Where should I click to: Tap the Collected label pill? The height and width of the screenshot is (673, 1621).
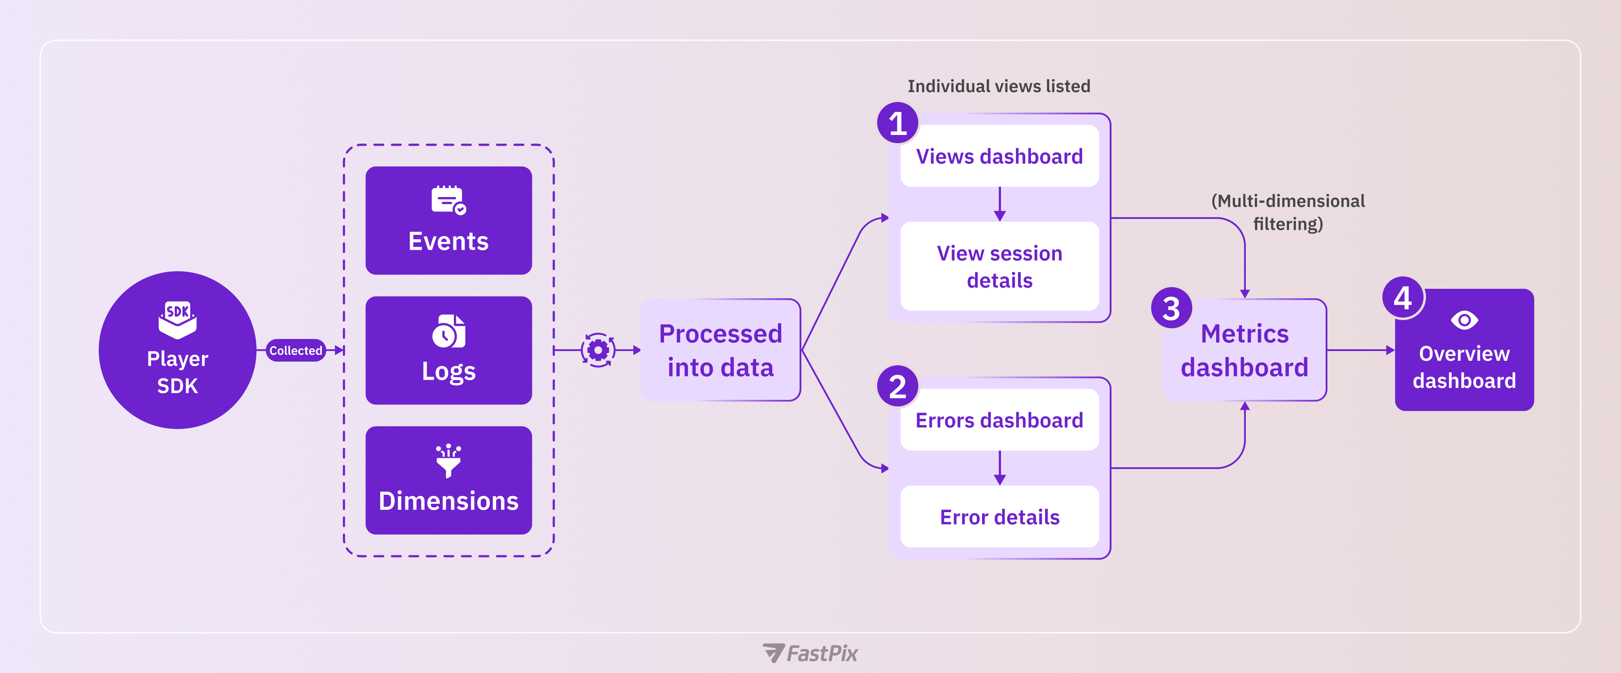coord(296,350)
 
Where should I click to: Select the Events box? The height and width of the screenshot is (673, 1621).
coord(449,220)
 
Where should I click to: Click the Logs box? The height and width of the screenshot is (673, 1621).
coord(449,350)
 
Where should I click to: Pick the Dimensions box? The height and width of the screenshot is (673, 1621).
coord(449,480)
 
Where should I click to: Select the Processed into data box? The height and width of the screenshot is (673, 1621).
coord(720,350)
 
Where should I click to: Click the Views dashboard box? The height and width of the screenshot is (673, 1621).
coord(999,156)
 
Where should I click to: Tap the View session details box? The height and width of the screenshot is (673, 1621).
coord(999,266)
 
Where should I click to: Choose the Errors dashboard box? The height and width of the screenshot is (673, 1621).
coord(999,420)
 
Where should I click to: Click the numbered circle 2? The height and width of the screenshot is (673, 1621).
coord(897,386)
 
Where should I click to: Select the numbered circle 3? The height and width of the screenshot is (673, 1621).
coord(1171,308)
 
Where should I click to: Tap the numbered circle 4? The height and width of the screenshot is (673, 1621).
coord(1403,297)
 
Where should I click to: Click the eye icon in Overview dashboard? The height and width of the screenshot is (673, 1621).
coord(1464,320)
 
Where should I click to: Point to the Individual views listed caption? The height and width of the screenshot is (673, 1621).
coord(999,86)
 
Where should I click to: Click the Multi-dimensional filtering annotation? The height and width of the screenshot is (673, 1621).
coord(1288,212)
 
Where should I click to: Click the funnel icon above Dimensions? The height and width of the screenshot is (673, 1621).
coord(449,461)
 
